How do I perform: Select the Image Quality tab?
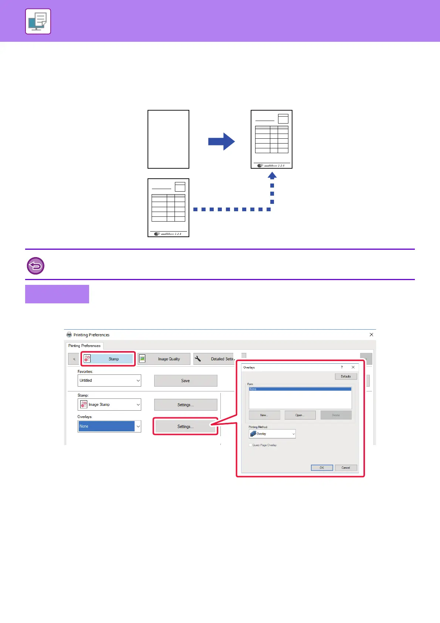164,359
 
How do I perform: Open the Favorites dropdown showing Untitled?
109,380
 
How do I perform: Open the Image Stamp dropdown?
109,404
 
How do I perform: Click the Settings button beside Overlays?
185,427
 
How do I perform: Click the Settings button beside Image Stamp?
185,405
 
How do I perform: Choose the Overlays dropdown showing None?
109,426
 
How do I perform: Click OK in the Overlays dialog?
322,468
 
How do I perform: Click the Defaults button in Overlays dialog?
346,376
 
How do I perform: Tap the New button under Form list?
264,415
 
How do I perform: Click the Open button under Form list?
300,415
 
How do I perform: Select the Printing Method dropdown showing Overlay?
272,434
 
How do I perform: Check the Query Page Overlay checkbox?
250,445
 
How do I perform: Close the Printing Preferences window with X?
371,334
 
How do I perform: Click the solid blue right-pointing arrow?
221,141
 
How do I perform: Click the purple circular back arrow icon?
35,266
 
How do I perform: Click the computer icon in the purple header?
38,21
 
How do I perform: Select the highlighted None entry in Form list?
300,389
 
